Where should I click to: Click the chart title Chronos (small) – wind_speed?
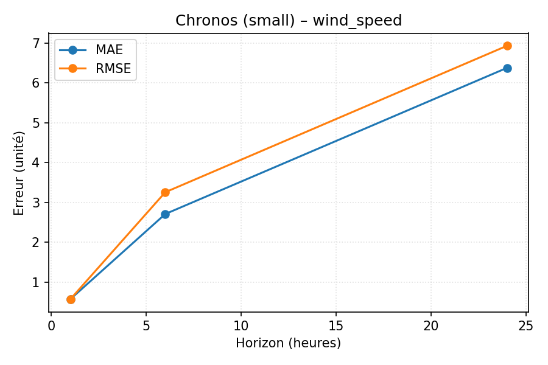[x=289, y=21]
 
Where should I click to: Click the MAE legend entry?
[x=109, y=50]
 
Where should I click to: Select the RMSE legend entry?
[x=113, y=69]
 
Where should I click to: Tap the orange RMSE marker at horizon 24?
[x=507, y=46]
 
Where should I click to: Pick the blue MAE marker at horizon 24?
[x=507, y=68]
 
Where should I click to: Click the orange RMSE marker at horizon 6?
[x=165, y=192]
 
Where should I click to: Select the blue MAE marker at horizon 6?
[x=165, y=214]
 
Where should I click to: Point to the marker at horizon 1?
[x=71, y=299]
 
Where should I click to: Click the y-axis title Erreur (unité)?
[x=19, y=173]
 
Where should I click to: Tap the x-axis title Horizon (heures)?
[x=289, y=343]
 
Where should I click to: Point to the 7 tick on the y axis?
[x=36, y=43]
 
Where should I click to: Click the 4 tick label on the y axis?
[x=36, y=162]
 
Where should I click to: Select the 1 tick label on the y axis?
[x=36, y=282]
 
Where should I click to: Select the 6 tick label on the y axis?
[x=36, y=83]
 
